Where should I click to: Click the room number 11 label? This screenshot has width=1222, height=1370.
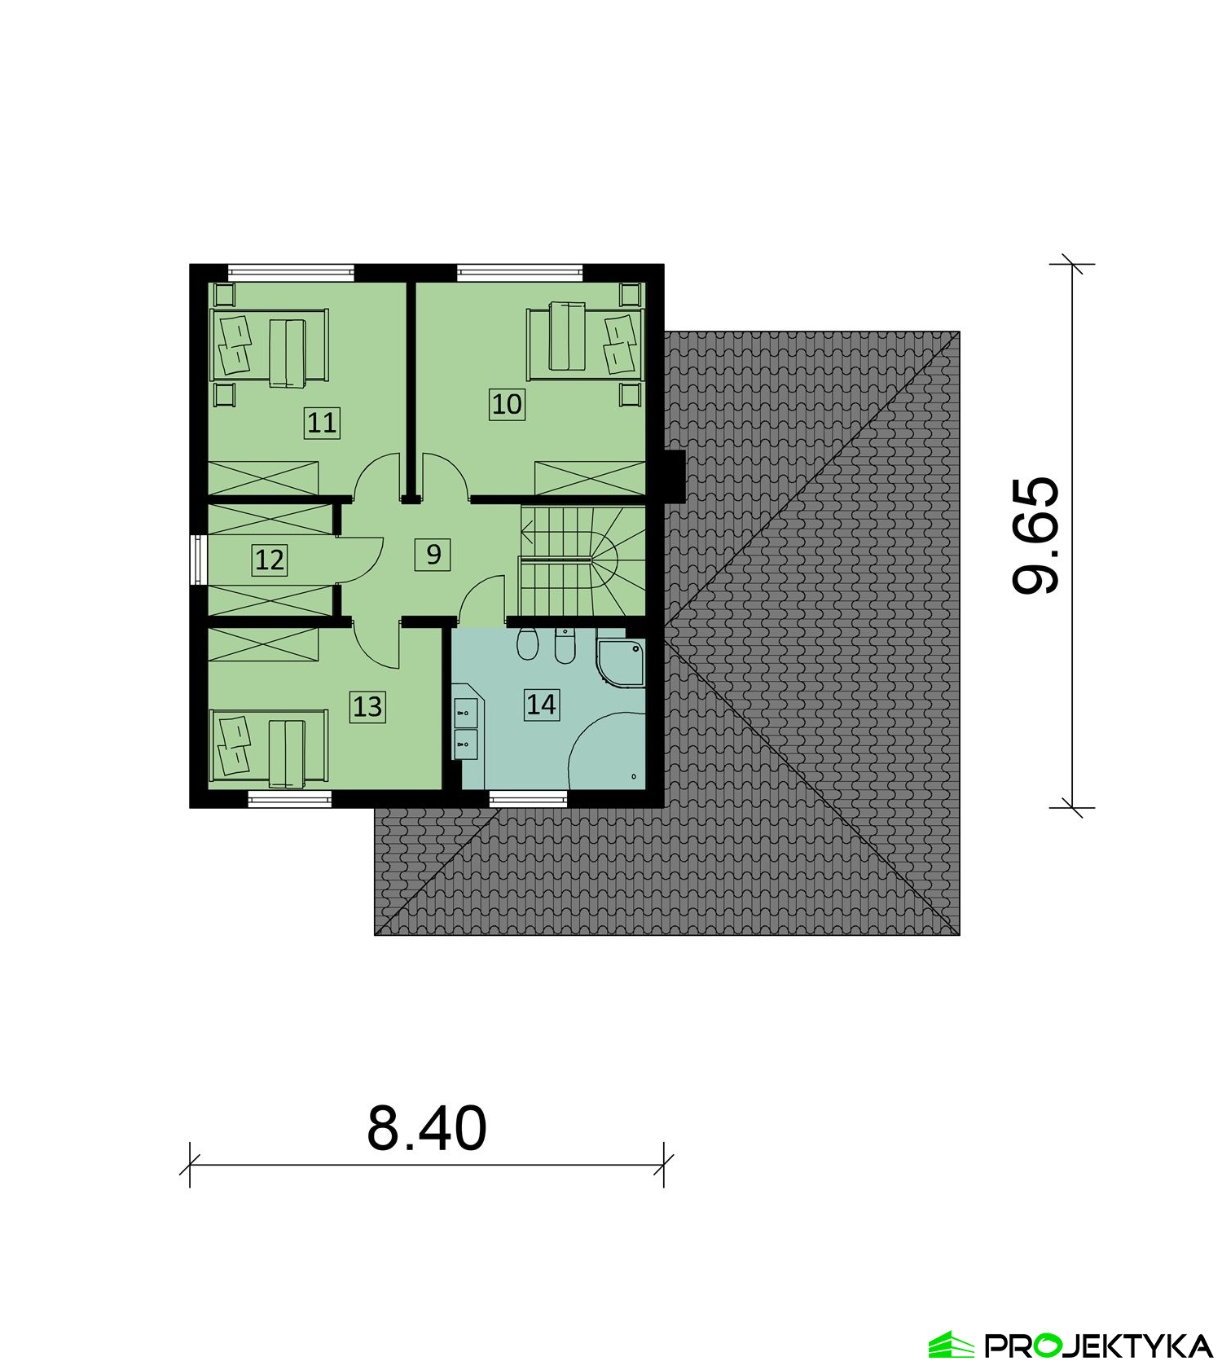click(322, 423)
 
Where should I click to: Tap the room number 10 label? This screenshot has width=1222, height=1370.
click(507, 404)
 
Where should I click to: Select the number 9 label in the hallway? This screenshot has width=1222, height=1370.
click(433, 555)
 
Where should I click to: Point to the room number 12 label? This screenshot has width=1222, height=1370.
click(270, 560)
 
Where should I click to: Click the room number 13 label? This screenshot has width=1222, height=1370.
click(367, 706)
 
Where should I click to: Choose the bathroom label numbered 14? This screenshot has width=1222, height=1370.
click(542, 704)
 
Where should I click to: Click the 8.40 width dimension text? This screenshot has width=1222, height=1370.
click(427, 1128)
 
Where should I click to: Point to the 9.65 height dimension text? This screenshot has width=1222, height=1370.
click(1036, 535)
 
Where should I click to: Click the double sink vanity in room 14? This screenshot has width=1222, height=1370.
click(466, 727)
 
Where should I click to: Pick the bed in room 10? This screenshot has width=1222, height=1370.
click(586, 342)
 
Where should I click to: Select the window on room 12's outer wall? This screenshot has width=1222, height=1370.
click(199, 560)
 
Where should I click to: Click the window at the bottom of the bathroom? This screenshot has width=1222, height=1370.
click(528, 799)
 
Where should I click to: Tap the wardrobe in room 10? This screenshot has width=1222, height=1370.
click(590, 478)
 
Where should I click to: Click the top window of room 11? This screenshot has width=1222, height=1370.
click(292, 273)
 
